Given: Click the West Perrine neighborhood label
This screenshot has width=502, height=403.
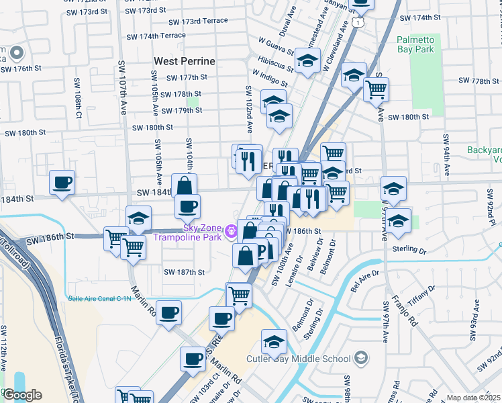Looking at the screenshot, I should click(185, 61).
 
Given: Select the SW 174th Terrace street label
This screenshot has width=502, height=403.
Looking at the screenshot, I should click(156, 36).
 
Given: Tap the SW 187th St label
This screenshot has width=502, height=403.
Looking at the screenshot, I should click(184, 272).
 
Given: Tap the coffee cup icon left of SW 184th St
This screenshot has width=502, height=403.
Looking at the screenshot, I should click(62, 183).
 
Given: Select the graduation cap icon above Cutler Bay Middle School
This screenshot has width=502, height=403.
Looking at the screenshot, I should click(274, 342).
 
